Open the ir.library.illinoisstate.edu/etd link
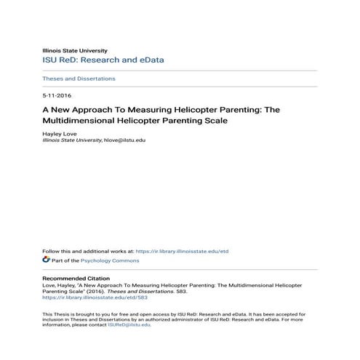pyautogui.click(x=183, y=251)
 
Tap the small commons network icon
pyautogui.click(x=46, y=259)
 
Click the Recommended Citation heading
pyautogui.click(x=76, y=279)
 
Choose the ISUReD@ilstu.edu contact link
pyautogui.click(x=129, y=324)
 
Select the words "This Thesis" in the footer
pyautogui.click(x=54, y=313)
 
